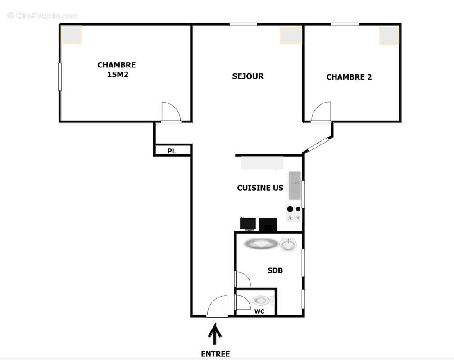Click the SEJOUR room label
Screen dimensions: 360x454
248,76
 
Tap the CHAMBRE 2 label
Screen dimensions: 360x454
349,77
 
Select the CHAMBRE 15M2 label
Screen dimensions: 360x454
117,70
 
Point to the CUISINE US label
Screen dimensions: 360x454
260,188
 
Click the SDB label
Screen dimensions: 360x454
275,270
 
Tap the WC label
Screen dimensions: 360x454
259,311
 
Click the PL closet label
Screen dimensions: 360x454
172,151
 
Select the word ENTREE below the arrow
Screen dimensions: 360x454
215,354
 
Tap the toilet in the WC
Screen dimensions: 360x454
261,300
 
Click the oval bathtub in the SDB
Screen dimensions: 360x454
261,244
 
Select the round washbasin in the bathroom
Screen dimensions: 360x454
288,244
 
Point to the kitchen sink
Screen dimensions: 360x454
295,185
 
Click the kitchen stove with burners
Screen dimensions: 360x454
294,213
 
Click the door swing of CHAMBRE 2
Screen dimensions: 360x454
322,112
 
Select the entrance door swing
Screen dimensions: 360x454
218,306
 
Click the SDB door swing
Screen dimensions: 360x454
242,279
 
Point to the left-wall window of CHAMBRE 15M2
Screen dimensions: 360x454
59,76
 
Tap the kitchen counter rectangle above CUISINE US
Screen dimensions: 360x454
262,162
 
